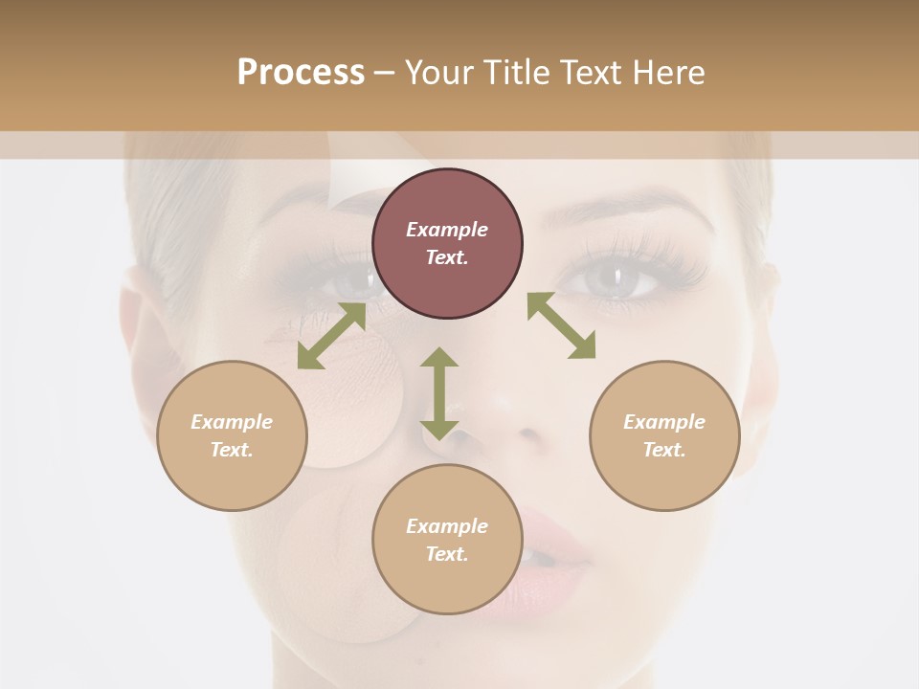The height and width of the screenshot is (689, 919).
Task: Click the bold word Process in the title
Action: click(x=301, y=73)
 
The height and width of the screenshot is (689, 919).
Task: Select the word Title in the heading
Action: click(x=514, y=73)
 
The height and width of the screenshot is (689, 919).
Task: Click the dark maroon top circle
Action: click(x=447, y=244)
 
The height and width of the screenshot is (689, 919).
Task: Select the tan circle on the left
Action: click(x=232, y=435)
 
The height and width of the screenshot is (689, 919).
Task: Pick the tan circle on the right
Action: click(x=664, y=435)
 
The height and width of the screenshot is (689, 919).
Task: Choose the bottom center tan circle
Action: click(x=447, y=539)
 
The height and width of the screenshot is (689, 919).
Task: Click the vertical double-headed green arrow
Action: click(x=439, y=393)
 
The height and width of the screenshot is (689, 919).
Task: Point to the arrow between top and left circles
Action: click(x=331, y=336)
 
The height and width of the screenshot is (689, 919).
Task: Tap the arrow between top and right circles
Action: click(x=561, y=325)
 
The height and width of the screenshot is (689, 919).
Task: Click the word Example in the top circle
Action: click(x=447, y=230)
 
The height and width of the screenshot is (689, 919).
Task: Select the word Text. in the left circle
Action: click(x=232, y=450)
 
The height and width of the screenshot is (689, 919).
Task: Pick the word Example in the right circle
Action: click(x=664, y=422)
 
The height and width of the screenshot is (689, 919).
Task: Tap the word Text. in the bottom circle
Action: click(x=447, y=554)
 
